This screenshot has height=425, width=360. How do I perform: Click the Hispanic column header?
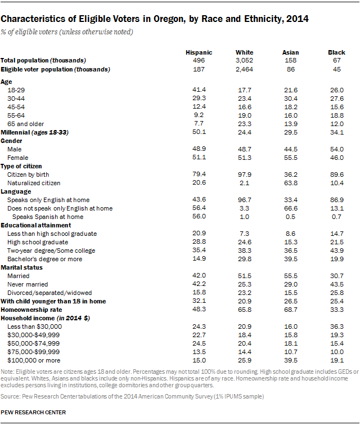(199, 52)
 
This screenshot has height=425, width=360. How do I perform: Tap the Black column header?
(336, 52)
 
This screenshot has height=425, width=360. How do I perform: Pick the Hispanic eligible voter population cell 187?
(199, 69)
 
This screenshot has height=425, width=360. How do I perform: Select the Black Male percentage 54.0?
(336, 149)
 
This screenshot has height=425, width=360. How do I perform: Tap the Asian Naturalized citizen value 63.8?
(291, 183)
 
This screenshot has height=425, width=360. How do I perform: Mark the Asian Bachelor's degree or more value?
(291, 258)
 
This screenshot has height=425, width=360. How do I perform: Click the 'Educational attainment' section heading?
(33, 225)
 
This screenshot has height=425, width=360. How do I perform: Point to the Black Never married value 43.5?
(336, 284)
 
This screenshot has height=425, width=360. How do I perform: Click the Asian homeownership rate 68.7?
(291, 310)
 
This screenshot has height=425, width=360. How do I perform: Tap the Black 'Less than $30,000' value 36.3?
(336, 326)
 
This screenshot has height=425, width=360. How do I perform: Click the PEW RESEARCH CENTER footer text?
(33, 413)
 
